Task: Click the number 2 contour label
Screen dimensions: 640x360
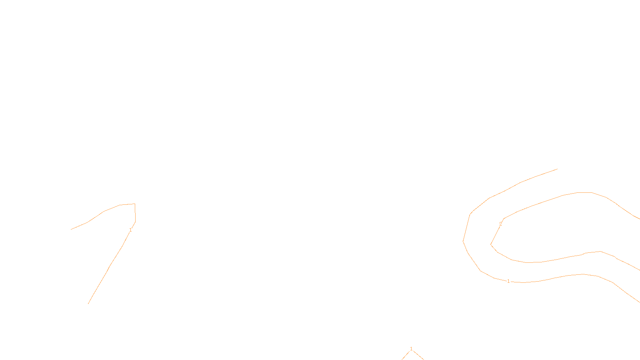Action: pos(500,224)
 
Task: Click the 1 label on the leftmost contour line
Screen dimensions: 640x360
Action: pos(130,230)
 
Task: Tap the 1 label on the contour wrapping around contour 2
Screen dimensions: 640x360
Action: pos(508,282)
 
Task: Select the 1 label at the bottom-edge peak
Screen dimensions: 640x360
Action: pos(411,349)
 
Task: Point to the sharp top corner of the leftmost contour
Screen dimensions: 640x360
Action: pos(135,204)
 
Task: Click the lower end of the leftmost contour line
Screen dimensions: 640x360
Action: pos(88,304)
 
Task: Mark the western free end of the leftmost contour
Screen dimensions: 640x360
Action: pos(71,230)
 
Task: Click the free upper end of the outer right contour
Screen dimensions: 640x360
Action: pos(558,169)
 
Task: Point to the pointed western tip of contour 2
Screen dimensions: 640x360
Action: pos(490,244)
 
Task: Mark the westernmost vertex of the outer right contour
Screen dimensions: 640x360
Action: pos(463,242)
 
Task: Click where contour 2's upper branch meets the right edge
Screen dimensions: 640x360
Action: pos(640,219)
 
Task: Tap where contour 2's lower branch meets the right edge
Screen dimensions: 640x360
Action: pos(640,270)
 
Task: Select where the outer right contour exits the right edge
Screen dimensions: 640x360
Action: pos(640,302)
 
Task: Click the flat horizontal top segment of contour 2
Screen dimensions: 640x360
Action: pos(584,192)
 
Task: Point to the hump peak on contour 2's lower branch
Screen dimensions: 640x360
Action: pos(600,252)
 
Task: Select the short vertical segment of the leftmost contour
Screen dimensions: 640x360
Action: pos(135,213)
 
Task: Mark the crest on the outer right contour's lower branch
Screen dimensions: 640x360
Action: pos(583,274)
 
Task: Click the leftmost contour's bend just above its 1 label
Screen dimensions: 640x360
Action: pos(135,222)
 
